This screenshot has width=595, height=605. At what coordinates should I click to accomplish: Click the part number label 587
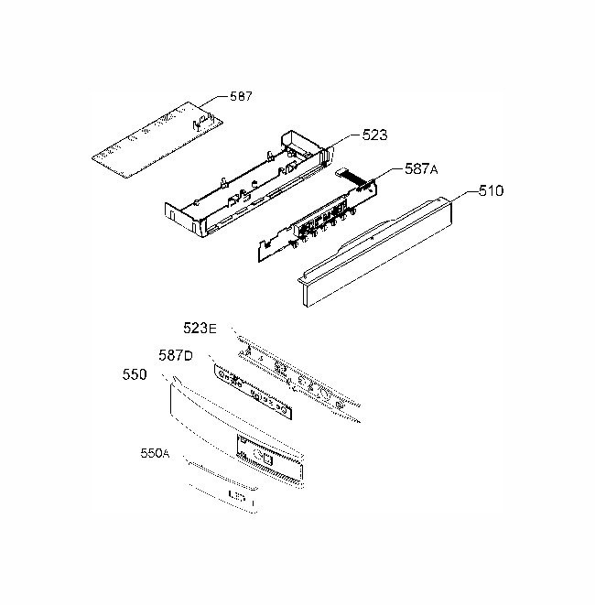tap(241, 96)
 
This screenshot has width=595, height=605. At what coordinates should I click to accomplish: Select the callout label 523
tap(374, 135)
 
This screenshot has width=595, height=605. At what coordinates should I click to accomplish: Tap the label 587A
tap(421, 168)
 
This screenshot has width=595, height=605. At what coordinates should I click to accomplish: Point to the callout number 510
tap(491, 191)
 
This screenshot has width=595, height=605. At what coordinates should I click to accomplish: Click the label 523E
tap(200, 329)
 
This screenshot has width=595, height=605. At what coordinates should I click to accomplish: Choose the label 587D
tap(176, 355)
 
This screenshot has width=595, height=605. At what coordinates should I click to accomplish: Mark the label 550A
tap(155, 453)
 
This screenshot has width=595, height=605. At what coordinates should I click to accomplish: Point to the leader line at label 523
tap(344, 141)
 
